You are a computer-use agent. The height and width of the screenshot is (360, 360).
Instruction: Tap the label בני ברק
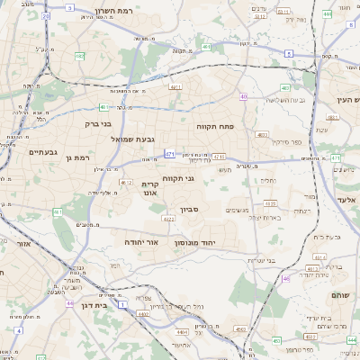coord(98,124)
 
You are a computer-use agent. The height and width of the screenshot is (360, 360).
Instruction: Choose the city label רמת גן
coord(81,158)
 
